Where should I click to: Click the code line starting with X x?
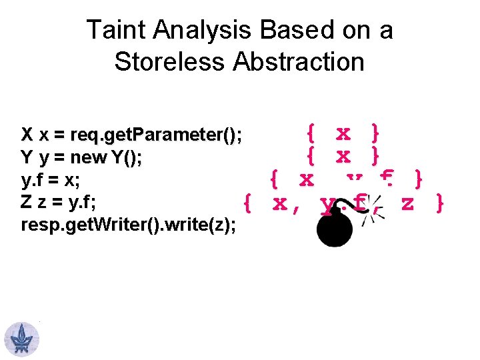click(x=131, y=135)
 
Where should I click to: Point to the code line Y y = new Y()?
click(x=81, y=158)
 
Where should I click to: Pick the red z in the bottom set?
click(x=407, y=203)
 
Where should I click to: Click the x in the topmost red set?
click(x=343, y=133)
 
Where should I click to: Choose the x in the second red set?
click(x=343, y=157)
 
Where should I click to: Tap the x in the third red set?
click(x=306, y=180)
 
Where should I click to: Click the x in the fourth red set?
click(x=280, y=203)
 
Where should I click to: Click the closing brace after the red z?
click(x=439, y=203)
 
